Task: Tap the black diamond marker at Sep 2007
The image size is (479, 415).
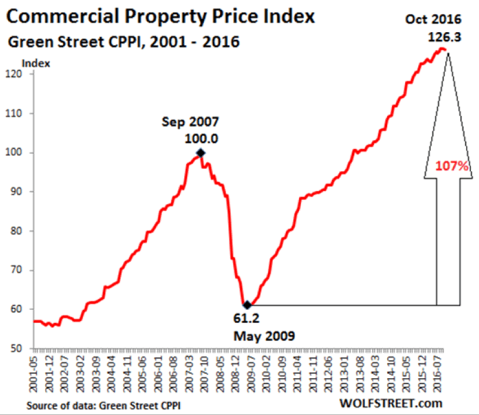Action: [200, 153]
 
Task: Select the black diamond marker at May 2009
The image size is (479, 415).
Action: [247, 305]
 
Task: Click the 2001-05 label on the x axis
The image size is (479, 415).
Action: [36, 372]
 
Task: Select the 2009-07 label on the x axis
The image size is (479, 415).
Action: [254, 372]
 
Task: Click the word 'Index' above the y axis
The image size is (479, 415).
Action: [37, 62]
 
